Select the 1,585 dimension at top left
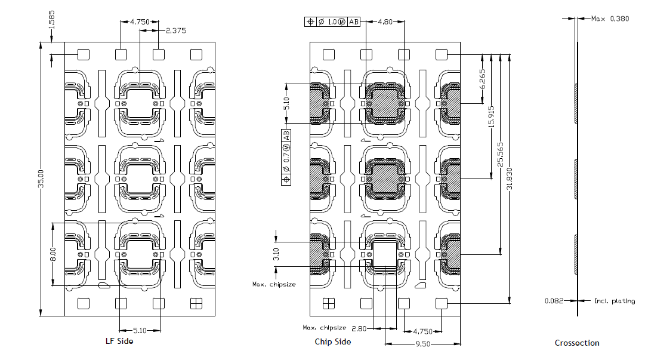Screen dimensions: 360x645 (x=52, y=20)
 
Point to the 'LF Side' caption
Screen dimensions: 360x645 (x=119, y=341)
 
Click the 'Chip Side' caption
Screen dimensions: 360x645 (x=332, y=341)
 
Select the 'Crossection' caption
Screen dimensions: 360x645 (x=576, y=343)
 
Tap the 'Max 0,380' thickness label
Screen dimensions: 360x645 (x=610, y=19)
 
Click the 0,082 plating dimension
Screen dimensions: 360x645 (x=554, y=301)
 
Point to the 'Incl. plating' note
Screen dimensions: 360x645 (x=614, y=301)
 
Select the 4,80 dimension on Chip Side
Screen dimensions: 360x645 (x=385, y=22)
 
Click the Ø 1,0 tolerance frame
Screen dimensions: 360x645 (x=332, y=22)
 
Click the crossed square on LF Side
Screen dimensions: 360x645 (x=196, y=303)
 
